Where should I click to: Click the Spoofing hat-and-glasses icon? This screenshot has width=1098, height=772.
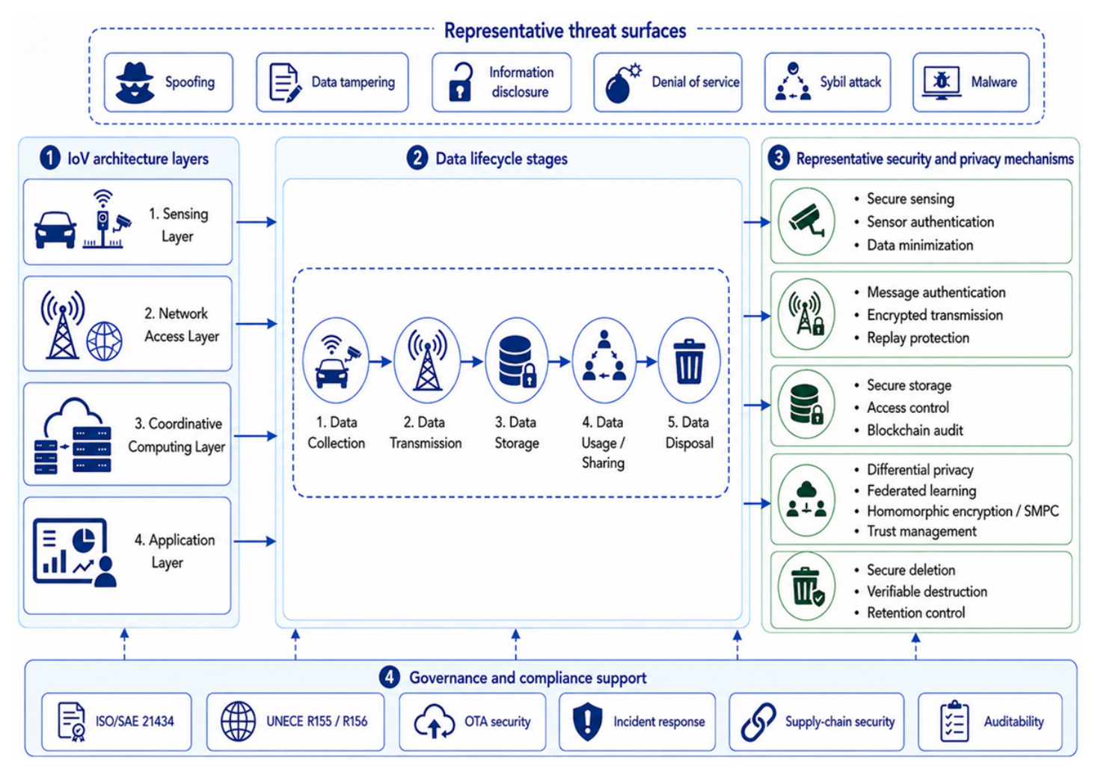(x=135, y=82)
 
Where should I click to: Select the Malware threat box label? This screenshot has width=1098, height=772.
(x=993, y=82)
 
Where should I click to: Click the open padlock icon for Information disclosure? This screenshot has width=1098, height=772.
(x=460, y=82)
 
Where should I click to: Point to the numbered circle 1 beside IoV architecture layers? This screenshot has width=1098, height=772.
(x=50, y=159)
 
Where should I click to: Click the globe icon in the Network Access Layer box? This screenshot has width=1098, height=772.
(x=105, y=341)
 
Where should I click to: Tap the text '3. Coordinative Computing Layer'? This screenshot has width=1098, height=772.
(x=177, y=435)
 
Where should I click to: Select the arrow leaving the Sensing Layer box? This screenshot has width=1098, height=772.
(x=257, y=222)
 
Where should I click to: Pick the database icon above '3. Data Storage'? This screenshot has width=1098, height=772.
(x=517, y=361)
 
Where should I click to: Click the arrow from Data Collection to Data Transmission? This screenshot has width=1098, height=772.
(x=381, y=362)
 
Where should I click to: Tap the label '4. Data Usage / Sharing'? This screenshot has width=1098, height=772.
(x=603, y=443)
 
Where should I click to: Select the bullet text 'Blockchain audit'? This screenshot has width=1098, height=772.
(x=915, y=430)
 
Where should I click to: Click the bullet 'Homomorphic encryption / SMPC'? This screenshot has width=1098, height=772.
(x=963, y=511)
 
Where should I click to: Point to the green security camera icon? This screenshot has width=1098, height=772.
(x=806, y=221)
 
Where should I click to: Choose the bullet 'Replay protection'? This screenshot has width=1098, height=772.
(x=918, y=337)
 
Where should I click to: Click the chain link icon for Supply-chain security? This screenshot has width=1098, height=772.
(x=758, y=722)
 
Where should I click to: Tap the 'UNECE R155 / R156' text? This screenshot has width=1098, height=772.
(x=316, y=722)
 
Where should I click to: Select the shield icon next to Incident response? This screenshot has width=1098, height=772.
(x=587, y=721)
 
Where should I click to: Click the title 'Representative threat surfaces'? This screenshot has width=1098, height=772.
(x=565, y=31)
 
